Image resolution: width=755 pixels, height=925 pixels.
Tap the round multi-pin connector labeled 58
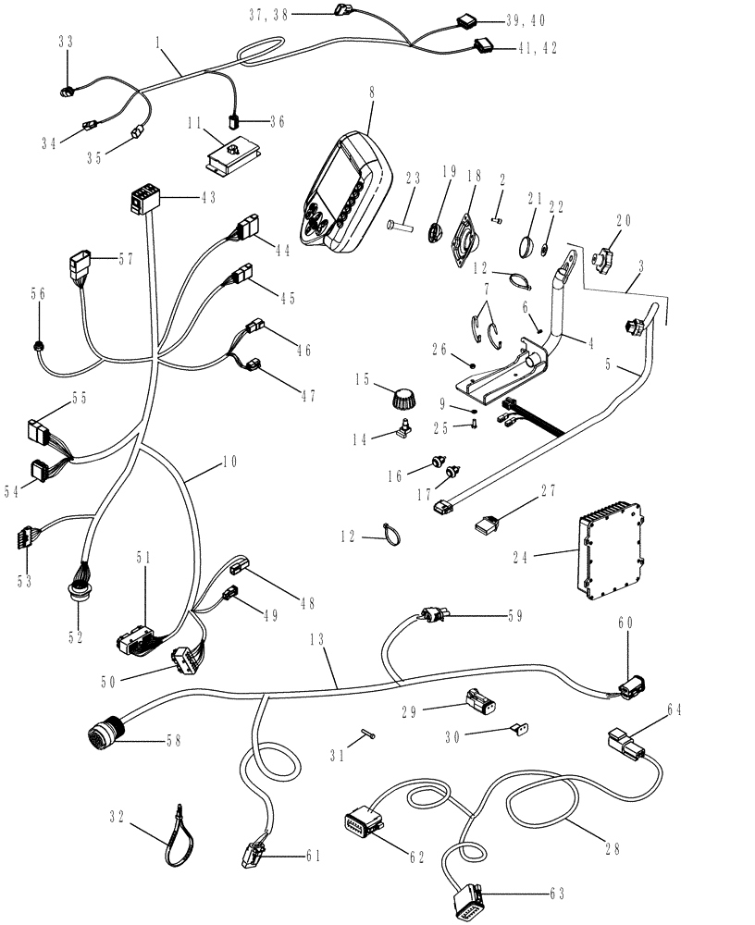[x=105, y=739]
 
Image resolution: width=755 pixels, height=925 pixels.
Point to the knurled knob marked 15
[x=402, y=400]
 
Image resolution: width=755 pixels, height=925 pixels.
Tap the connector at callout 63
[x=467, y=903]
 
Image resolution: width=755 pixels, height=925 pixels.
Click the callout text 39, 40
[x=526, y=19]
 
